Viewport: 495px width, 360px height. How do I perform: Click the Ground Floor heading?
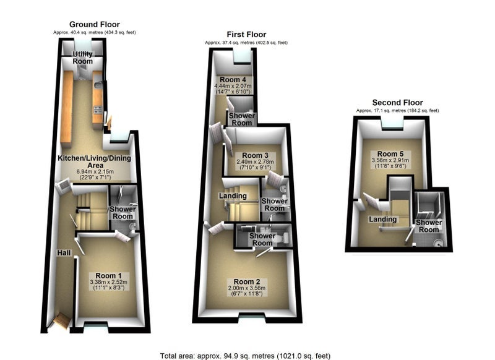click(95, 25)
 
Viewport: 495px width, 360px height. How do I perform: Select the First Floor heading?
click(246, 35)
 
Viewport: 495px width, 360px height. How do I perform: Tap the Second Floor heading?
click(397, 103)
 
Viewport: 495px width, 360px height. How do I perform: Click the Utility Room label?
click(83, 58)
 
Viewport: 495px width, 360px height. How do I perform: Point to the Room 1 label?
click(108, 276)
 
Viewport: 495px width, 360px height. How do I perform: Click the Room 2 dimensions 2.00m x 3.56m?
click(247, 288)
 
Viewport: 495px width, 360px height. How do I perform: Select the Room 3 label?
click(255, 155)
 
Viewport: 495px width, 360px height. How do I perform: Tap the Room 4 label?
click(233, 80)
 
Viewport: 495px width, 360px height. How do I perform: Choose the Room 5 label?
click(390, 154)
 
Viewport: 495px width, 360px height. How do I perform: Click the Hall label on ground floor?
click(64, 253)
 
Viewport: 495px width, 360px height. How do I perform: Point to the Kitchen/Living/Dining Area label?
click(95, 161)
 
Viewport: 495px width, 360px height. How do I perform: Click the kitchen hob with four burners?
click(98, 109)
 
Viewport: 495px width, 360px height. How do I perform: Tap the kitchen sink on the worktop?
click(98, 85)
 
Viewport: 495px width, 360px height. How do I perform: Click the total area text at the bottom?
click(245, 356)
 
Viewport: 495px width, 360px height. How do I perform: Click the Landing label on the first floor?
click(233, 196)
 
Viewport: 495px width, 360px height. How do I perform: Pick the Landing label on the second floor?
click(383, 220)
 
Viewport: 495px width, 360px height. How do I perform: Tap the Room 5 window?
click(392, 123)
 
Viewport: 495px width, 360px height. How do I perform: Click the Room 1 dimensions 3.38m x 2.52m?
click(109, 282)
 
